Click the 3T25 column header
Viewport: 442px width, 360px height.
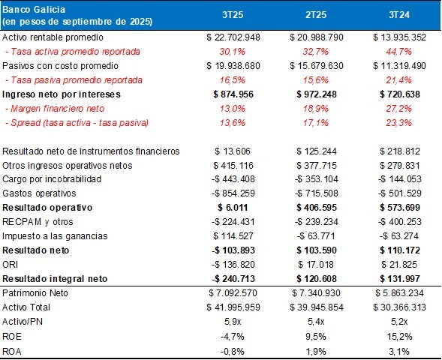[x=233, y=15]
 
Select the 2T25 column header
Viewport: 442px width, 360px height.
[x=316, y=15]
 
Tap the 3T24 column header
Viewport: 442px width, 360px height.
[x=399, y=15]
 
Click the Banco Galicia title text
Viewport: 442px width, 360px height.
[x=34, y=10]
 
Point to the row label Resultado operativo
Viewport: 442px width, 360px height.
[x=47, y=208]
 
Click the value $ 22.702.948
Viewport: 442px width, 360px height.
[x=233, y=37]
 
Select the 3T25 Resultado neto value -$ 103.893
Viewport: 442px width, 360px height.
[x=233, y=250]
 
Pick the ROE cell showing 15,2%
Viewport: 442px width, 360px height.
[x=399, y=336]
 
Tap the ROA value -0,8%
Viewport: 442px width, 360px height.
[x=233, y=351]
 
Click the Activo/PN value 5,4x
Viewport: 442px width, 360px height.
[x=316, y=322]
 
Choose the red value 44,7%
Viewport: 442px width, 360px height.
[x=399, y=52]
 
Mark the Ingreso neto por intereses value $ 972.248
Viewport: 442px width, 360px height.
[x=316, y=94]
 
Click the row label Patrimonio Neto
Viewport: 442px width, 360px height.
[x=35, y=293]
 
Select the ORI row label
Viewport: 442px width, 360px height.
[x=11, y=265]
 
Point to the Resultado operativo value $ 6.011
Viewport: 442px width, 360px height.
[x=233, y=208]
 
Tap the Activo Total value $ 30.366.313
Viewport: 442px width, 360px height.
[x=399, y=307]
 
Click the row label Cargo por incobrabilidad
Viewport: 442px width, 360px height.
[x=52, y=179]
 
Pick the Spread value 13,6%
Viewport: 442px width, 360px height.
[x=233, y=123]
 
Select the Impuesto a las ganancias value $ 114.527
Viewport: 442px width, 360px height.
[x=233, y=236]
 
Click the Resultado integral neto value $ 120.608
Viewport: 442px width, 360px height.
[x=316, y=278]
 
